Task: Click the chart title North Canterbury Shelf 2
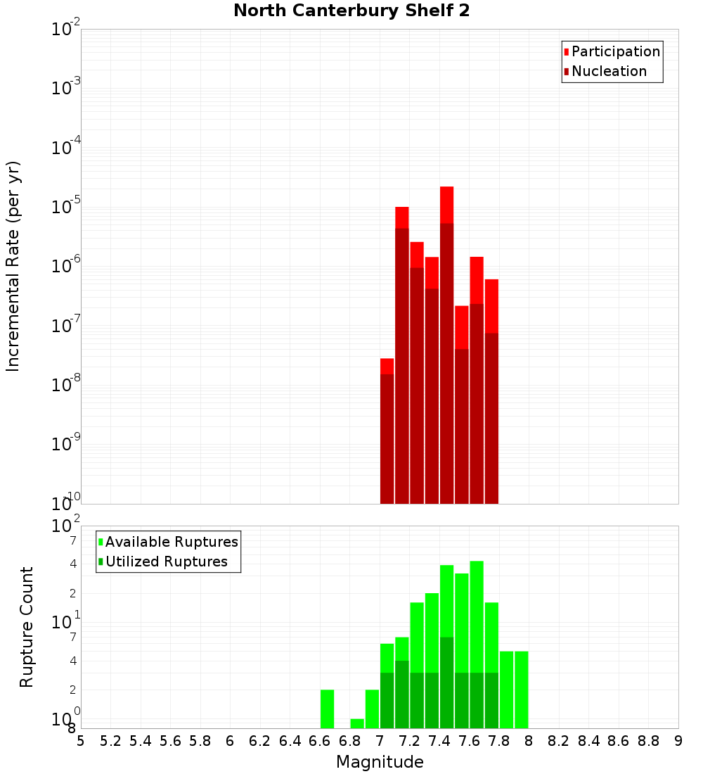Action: click(x=351, y=11)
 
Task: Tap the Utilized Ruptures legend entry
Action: click(x=166, y=562)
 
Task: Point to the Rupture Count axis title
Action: click(x=27, y=627)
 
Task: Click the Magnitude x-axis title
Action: click(x=380, y=762)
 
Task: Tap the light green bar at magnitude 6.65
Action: click(x=327, y=709)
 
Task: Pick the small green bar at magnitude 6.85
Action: click(x=357, y=723)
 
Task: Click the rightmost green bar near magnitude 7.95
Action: click(x=521, y=690)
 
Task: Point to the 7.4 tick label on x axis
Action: click(x=439, y=740)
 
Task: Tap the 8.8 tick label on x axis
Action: click(x=648, y=740)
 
